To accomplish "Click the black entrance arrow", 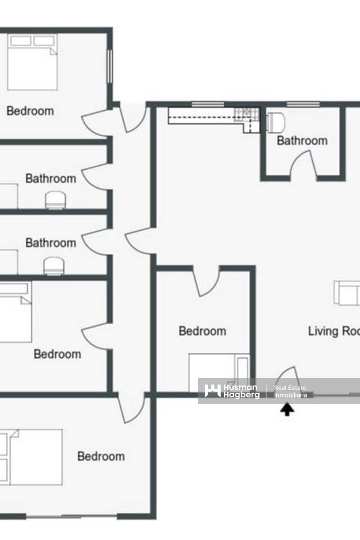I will click(x=287, y=409).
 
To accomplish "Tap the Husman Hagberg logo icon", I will click(x=212, y=391).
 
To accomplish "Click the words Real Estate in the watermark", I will click(x=290, y=388).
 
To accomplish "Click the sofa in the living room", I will click(x=347, y=293).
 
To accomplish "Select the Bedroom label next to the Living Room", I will click(x=202, y=331).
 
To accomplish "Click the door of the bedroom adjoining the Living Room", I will click(x=207, y=281).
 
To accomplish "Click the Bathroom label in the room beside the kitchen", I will click(x=302, y=140).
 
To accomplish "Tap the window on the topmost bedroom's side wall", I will click(x=109, y=66).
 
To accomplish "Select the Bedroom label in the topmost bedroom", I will click(x=30, y=111).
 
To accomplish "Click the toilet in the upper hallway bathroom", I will click(x=55, y=200).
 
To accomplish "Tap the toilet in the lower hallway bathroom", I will click(x=54, y=266).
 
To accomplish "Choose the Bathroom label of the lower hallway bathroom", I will click(x=50, y=243).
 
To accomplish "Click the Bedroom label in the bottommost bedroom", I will click(x=101, y=456).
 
